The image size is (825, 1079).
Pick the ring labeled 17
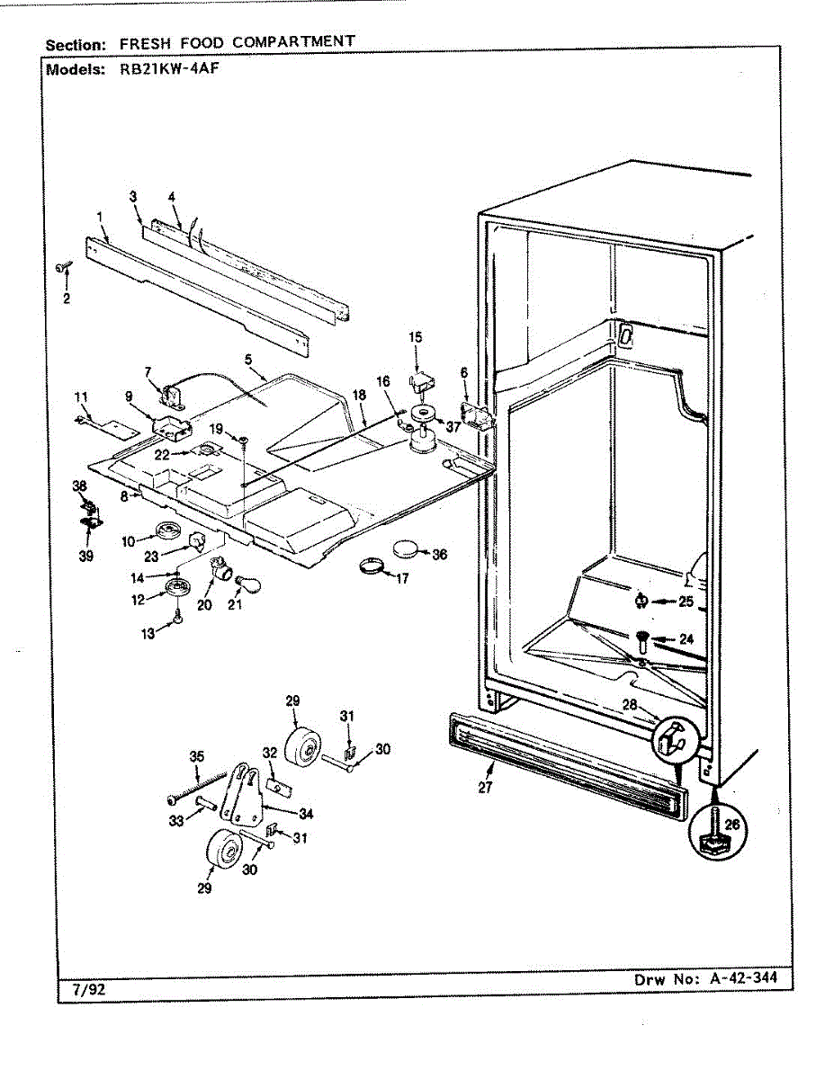(x=371, y=566)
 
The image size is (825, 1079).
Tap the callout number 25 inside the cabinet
(x=686, y=602)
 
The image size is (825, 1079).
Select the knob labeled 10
(x=167, y=532)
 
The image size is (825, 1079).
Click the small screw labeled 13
(x=178, y=618)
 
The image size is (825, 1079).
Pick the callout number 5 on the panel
(x=247, y=359)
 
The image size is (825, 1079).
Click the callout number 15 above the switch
(x=415, y=337)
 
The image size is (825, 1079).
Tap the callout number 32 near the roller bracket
(x=269, y=753)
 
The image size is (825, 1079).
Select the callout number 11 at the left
(x=81, y=397)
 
